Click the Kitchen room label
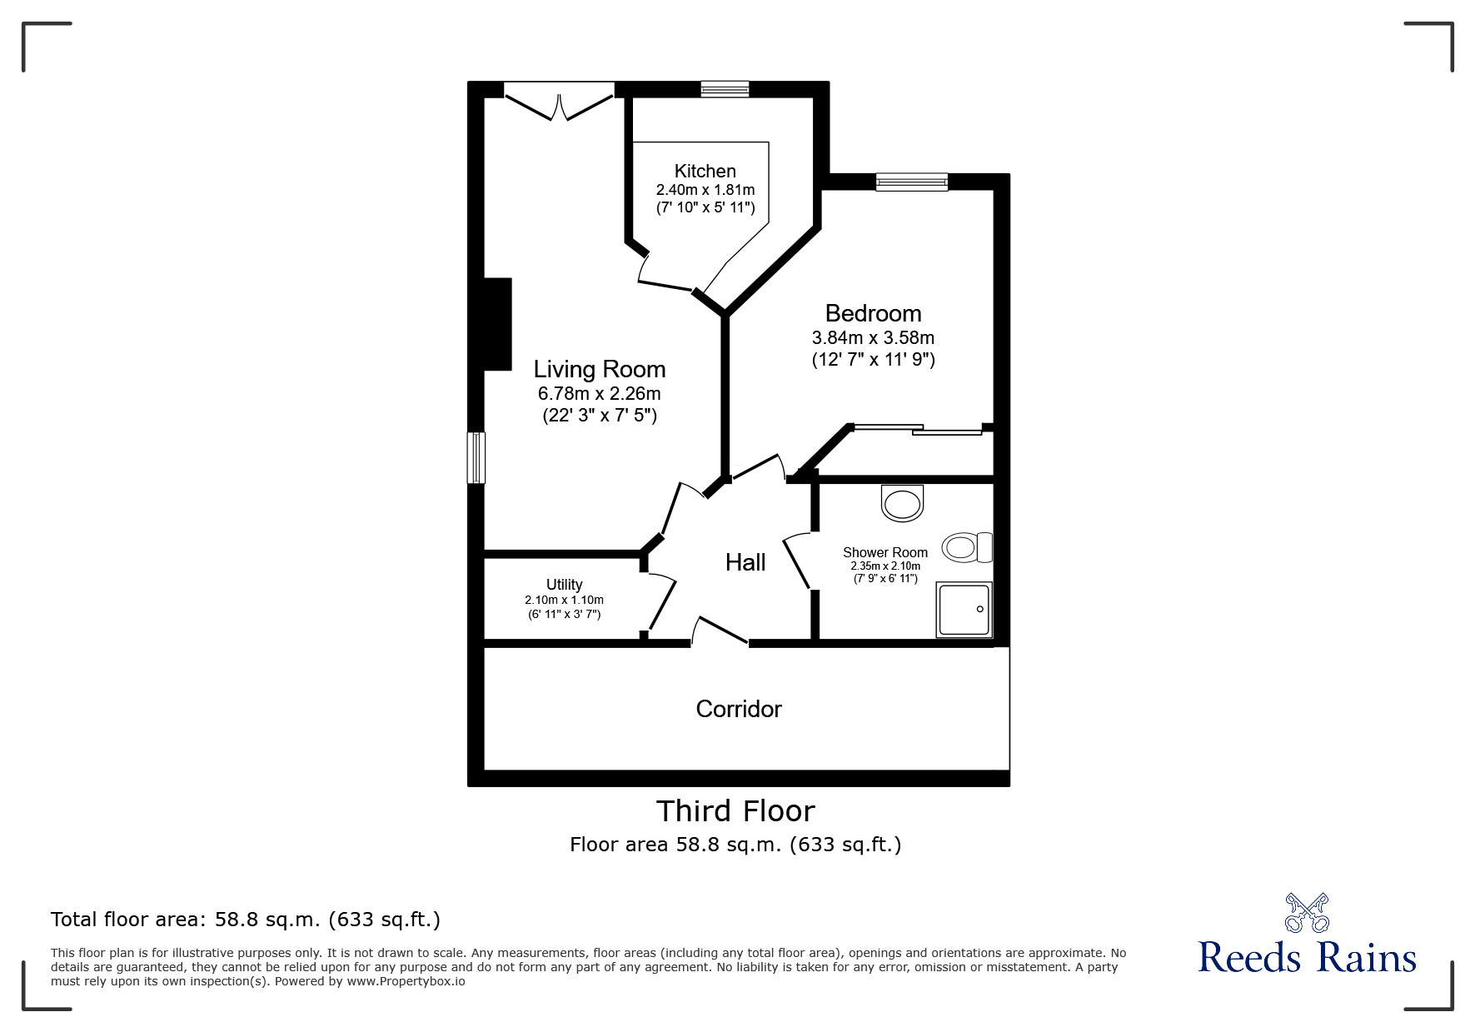pos(705,172)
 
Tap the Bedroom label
pos(873,313)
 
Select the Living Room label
pos(599,369)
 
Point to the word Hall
pos(745,562)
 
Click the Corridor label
pos(738,709)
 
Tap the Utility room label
pos(564,585)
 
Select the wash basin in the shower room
pos(902,502)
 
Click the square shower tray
pos(964,609)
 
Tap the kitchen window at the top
pos(724,89)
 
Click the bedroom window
pos(911,182)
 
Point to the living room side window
pos(476,457)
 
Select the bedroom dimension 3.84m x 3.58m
pos(873,338)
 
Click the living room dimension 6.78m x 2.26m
pos(599,393)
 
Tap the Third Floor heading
pos(735,810)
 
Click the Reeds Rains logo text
pos(1307,957)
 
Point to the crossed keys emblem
pos(1307,912)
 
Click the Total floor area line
pos(246,920)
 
